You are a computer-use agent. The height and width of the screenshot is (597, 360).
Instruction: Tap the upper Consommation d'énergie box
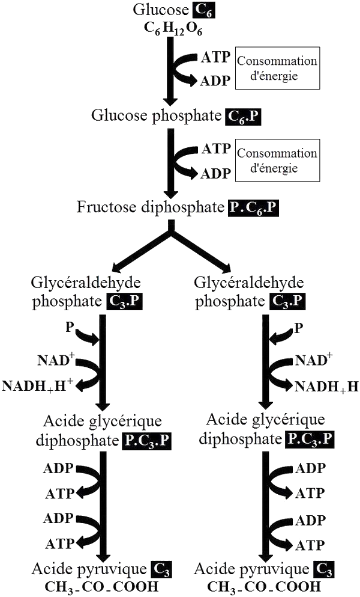click(x=277, y=68)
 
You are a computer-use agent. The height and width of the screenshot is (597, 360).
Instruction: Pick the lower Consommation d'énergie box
click(x=277, y=161)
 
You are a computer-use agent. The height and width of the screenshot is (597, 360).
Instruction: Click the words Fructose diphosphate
click(x=151, y=207)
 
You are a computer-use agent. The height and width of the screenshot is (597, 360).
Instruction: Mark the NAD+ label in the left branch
click(x=56, y=361)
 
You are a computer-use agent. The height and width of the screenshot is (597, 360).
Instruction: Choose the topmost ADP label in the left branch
click(x=58, y=468)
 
